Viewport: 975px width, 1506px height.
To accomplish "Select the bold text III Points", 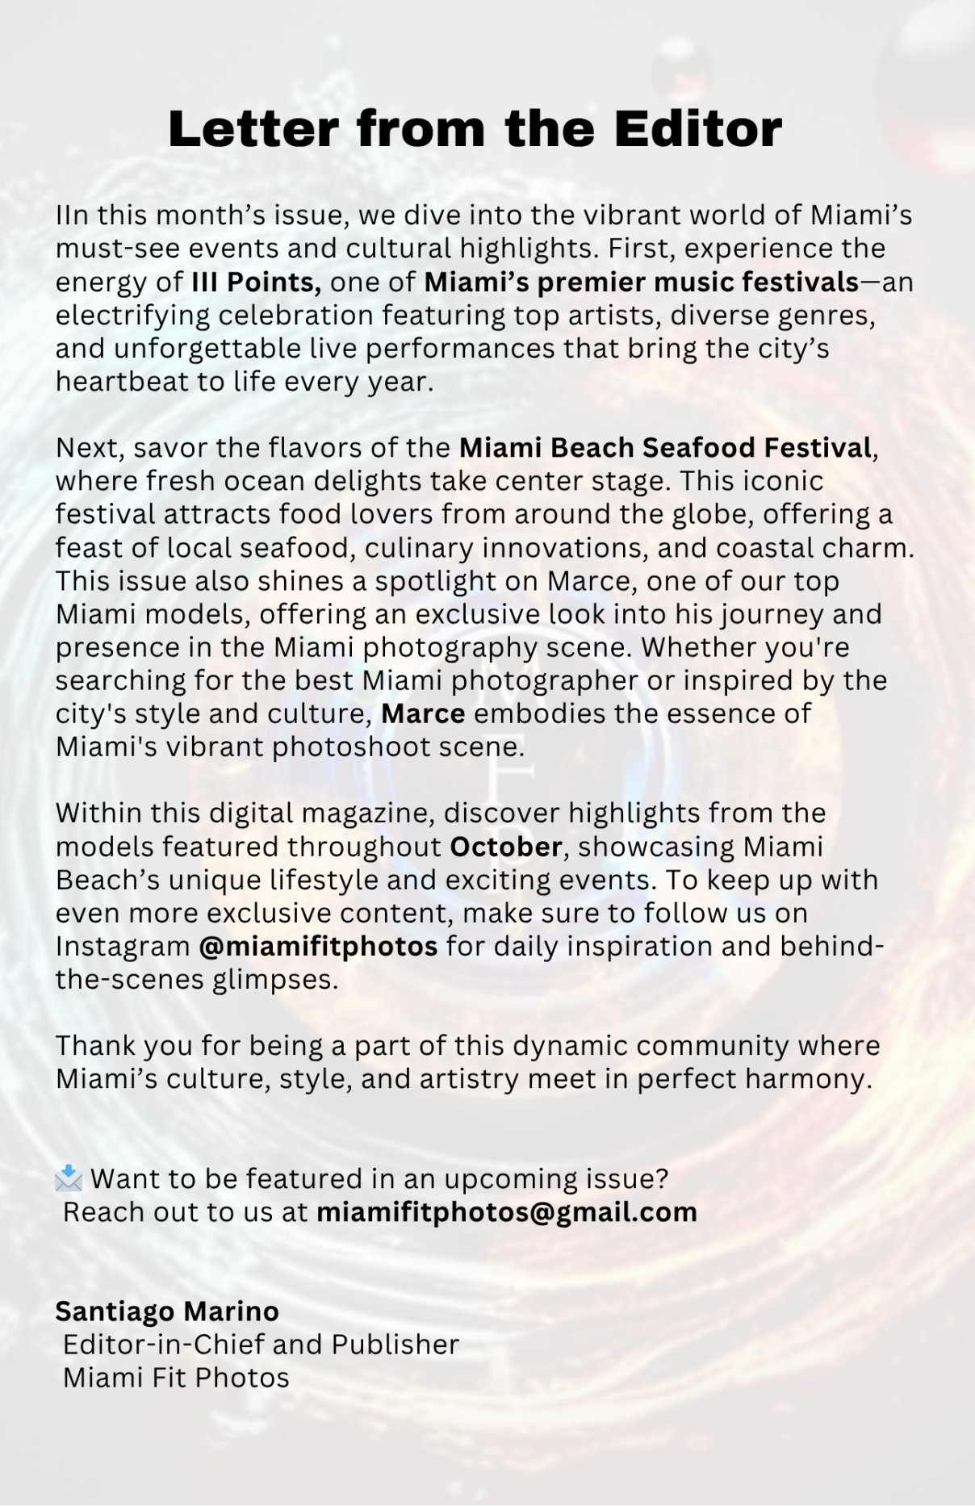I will click(257, 282).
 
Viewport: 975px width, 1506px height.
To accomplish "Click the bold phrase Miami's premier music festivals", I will click(642, 282).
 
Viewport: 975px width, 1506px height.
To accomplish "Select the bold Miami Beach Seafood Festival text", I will click(665, 447).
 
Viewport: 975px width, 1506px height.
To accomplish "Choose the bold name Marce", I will click(423, 713).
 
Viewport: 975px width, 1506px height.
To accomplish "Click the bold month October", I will click(505, 846).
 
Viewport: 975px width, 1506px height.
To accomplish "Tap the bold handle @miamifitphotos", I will click(318, 946).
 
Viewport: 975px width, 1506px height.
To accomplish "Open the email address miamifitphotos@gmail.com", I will click(506, 1211).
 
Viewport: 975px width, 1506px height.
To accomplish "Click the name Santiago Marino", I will click(167, 1311).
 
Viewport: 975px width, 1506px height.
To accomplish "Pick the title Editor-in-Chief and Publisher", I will click(261, 1344).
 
